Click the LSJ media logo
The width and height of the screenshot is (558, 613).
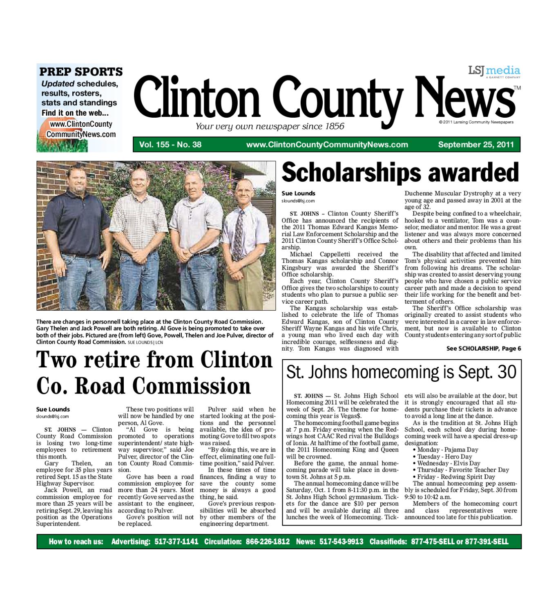tap(494, 72)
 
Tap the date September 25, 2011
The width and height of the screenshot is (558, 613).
tap(476, 144)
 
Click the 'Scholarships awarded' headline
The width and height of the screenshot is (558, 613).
tap(400, 172)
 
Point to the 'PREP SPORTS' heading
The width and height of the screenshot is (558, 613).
tap(81, 72)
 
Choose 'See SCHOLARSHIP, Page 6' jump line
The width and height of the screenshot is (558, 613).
tap(484, 348)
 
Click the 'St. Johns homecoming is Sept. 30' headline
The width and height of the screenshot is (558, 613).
tap(401, 372)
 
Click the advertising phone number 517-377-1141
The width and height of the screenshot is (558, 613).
tap(176, 541)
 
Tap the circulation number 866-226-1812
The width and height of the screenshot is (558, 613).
tap(268, 541)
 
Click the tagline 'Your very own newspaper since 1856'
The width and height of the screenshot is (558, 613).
tap(270, 126)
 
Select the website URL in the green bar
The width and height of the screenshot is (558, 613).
tap(327, 144)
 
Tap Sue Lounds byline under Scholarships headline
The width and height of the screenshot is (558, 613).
tap(299, 193)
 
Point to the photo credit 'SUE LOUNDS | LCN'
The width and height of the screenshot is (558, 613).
tap(145, 342)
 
